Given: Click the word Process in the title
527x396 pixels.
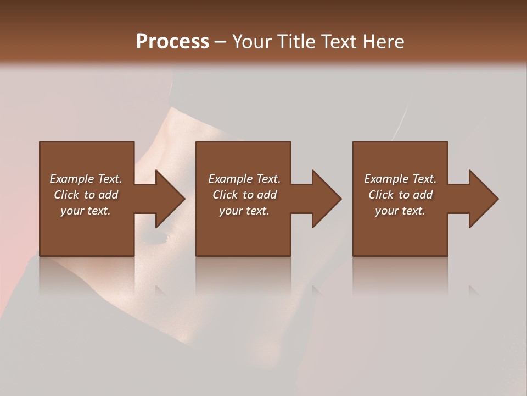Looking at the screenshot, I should [172, 41].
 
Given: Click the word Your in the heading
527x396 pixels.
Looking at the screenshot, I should [253, 41].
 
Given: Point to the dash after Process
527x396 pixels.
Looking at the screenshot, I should [221, 42].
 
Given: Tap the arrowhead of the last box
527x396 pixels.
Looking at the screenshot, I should [483, 199].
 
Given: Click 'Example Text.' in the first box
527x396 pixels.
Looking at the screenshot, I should [86, 179].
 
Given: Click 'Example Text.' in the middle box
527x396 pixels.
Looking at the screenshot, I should [244, 179].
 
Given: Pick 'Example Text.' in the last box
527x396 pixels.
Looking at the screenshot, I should [400, 179].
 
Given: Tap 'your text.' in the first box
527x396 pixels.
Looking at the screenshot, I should [86, 211].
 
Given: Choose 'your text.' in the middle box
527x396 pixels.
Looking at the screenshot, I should [244, 211].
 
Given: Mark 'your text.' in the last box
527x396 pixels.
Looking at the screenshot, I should [400, 211].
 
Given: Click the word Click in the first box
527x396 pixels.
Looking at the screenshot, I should [67, 195].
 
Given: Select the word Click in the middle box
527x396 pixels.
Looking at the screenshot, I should [226, 195].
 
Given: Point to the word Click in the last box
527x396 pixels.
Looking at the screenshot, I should [382, 195].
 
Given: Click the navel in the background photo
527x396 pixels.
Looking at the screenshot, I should [165, 238].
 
